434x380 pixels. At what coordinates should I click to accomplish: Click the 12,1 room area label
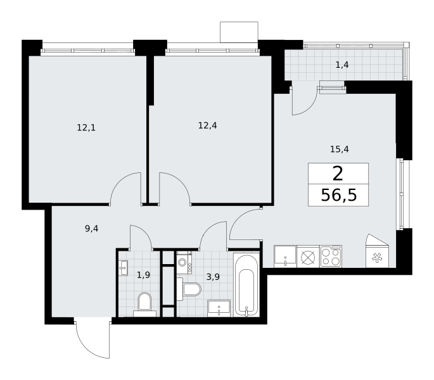tap(86, 127)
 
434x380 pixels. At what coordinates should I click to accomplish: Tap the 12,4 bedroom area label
tap(208, 125)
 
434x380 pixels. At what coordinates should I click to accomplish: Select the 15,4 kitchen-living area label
tap(340, 149)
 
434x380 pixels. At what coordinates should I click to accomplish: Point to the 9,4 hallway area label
tap(92, 229)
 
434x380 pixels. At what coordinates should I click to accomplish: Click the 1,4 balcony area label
tap(342, 65)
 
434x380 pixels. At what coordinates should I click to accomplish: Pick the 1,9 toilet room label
tap(143, 275)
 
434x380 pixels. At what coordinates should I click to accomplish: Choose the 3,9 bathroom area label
tap(213, 277)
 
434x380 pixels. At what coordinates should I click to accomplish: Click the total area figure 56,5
tap(339, 196)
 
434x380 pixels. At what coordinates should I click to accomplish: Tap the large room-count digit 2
tap(338, 174)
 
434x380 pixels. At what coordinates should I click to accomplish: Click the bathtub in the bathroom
tap(246, 284)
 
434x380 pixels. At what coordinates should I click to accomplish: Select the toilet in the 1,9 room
tap(144, 305)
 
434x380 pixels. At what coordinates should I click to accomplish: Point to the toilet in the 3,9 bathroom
tap(189, 289)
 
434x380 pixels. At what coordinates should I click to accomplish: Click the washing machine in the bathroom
tap(184, 262)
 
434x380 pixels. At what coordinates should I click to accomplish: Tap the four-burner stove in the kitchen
tap(331, 256)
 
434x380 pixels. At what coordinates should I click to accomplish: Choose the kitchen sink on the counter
tap(285, 256)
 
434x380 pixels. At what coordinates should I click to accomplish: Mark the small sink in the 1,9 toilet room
tap(123, 268)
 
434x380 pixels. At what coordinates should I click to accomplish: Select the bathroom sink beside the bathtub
tap(219, 308)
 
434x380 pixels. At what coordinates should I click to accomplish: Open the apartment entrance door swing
tap(93, 340)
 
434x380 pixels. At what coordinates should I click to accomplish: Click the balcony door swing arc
tap(305, 101)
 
